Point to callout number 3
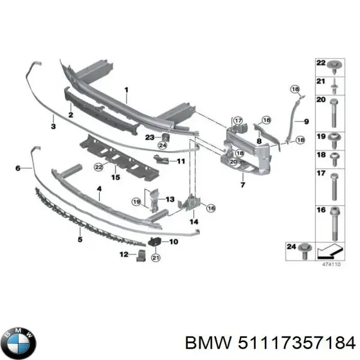pyautogui.click(x=53, y=127)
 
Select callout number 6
pyautogui.click(x=18, y=168)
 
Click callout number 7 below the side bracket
pyautogui.click(x=242, y=185)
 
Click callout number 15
pyautogui.click(x=116, y=178)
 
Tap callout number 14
pyautogui.click(x=194, y=222)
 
